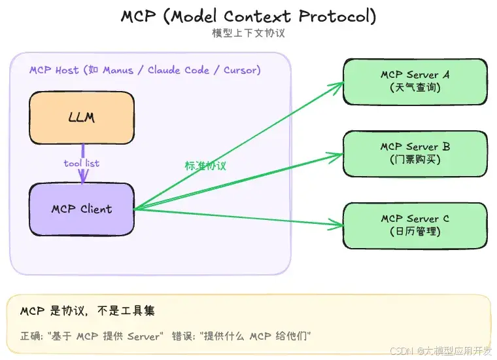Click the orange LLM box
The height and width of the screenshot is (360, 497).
click(x=82, y=118)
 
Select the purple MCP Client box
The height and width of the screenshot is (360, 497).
click(x=82, y=209)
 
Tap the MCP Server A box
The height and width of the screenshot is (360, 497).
click(x=415, y=81)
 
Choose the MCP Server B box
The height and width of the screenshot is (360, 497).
click(x=415, y=153)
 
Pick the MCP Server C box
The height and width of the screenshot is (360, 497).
click(x=415, y=225)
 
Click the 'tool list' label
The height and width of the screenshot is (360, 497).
click(x=82, y=163)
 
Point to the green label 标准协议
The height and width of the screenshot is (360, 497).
click(x=205, y=166)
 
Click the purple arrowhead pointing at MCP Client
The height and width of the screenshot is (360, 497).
click(x=83, y=177)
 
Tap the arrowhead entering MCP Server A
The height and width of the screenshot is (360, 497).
click(x=339, y=84)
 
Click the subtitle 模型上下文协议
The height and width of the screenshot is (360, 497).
click(x=248, y=33)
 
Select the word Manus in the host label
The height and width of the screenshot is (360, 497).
click(x=117, y=70)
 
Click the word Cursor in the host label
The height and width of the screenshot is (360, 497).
click(x=242, y=70)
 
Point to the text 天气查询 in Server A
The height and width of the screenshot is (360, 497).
click(x=415, y=88)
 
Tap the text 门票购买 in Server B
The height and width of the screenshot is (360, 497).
click(x=415, y=160)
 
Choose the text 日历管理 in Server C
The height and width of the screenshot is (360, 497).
click(x=415, y=232)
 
